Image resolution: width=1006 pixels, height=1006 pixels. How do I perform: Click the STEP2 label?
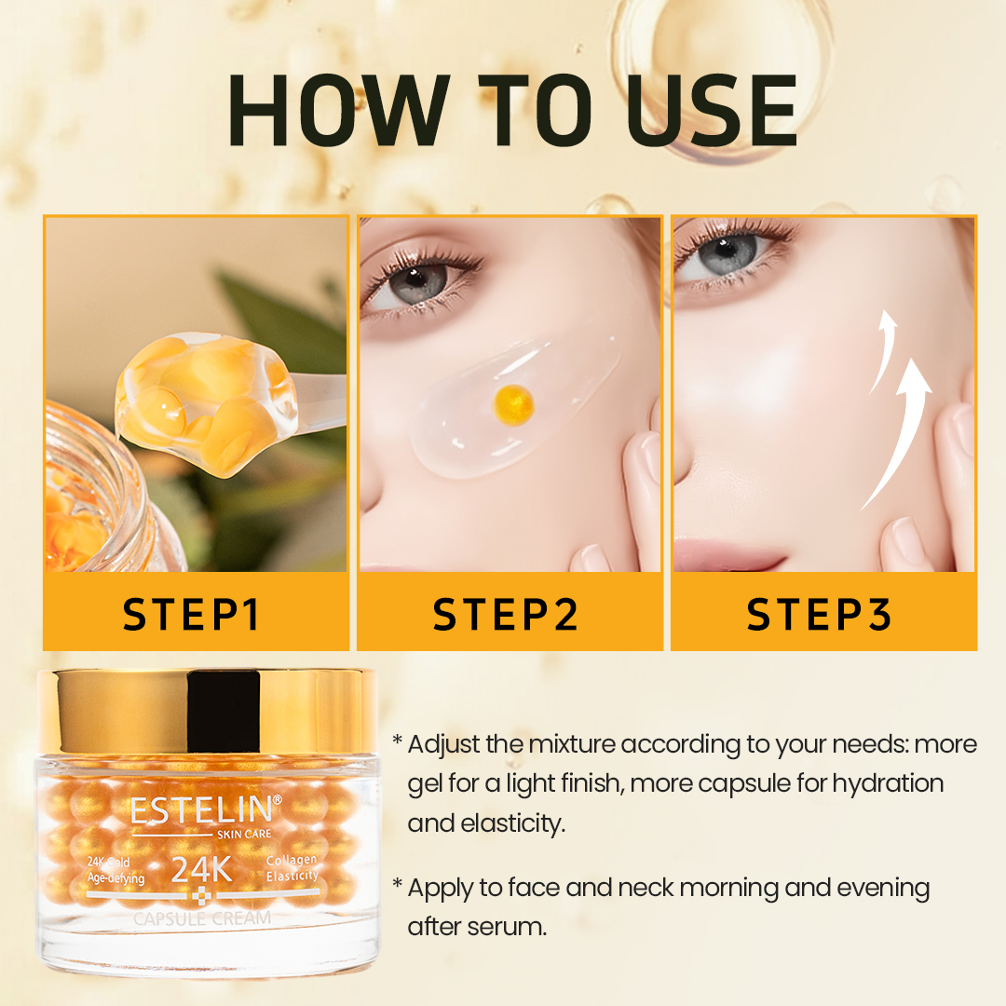pos(506,615)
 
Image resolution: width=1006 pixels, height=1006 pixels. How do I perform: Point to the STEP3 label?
pos(820,615)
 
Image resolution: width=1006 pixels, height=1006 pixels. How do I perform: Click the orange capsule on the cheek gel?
pos(513,401)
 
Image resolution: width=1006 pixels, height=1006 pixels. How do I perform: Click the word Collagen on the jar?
pos(292,860)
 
